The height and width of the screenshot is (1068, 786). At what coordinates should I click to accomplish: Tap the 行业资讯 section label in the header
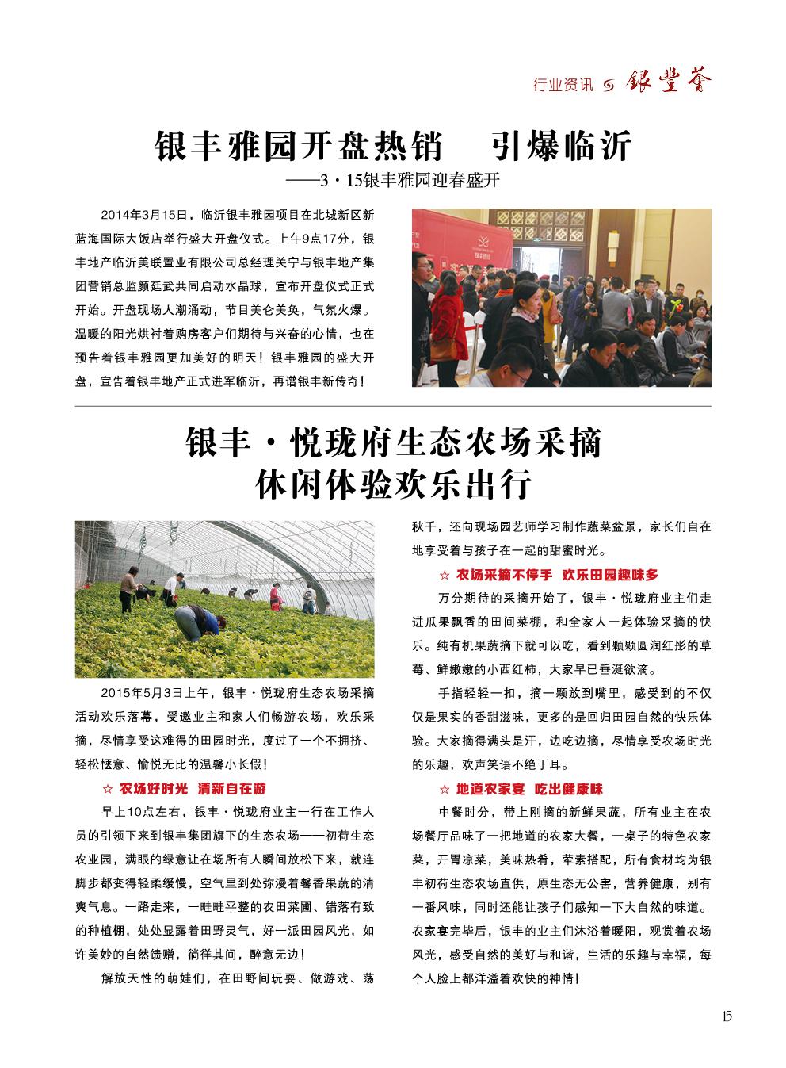click(x=563, y=84)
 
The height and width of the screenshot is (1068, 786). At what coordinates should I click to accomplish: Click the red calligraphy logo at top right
click(x=670, y=82)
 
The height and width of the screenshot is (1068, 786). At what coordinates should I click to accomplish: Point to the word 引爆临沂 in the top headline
click(x=560, y=147)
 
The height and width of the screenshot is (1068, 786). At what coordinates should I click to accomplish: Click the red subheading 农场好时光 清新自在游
click(x=193, y=789)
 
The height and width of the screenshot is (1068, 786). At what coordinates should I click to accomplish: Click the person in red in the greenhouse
click(x=275, y=595)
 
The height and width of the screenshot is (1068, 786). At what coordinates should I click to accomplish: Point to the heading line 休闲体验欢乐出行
click(x=393, y=484)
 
